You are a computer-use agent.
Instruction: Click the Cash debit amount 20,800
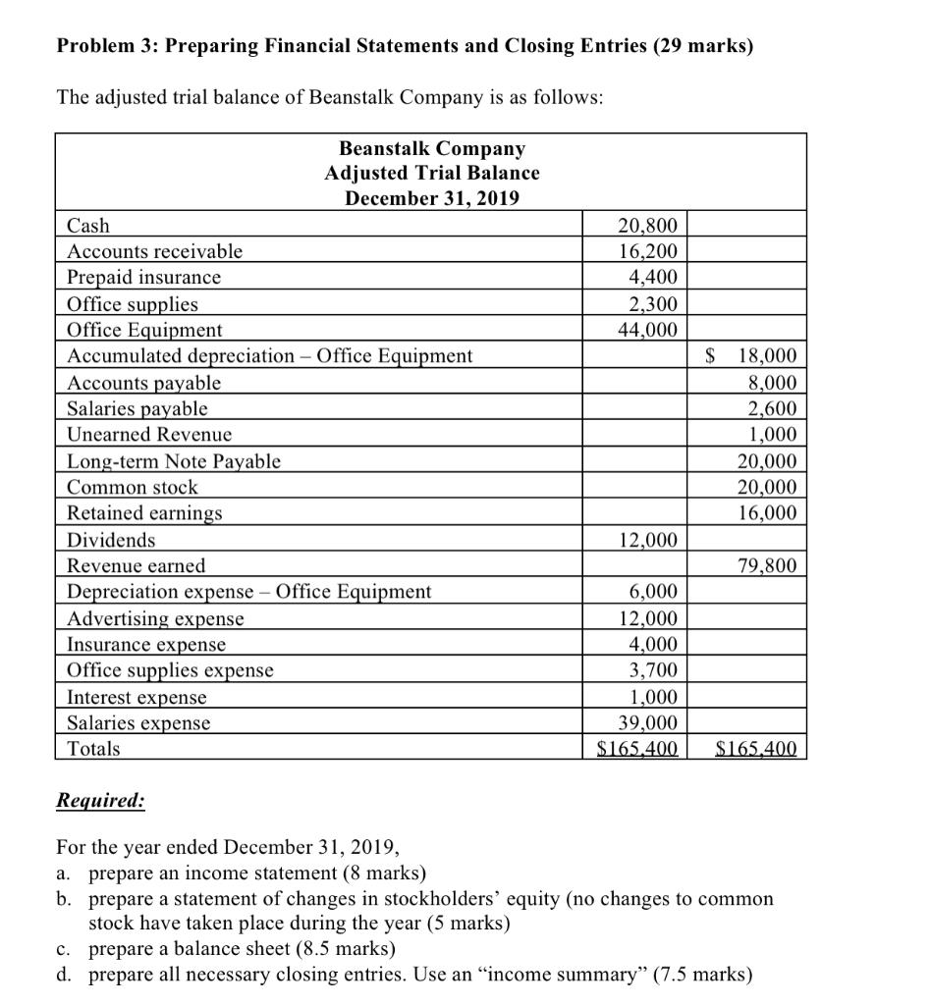(x=647, y=226)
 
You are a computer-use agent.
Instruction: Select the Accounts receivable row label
(x=154, y=251)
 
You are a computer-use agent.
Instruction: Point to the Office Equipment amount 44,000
(x=647, y=330)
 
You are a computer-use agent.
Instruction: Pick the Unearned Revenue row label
(x=149, y=434)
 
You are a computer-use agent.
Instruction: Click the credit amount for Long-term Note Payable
(x=767, y=461)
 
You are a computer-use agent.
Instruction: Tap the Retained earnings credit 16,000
(x=767, y=513)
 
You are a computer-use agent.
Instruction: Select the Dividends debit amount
(x=647, y=540)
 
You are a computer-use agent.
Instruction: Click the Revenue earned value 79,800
(x=767, y=565)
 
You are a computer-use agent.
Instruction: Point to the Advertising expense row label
(x=155, y=618)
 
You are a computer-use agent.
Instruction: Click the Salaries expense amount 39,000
(x=647, y=723)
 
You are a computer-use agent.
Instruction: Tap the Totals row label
(x=93, y=749)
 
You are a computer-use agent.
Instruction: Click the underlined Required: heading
(x=100, y=801)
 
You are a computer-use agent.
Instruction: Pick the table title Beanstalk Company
(x=432, y=148)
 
